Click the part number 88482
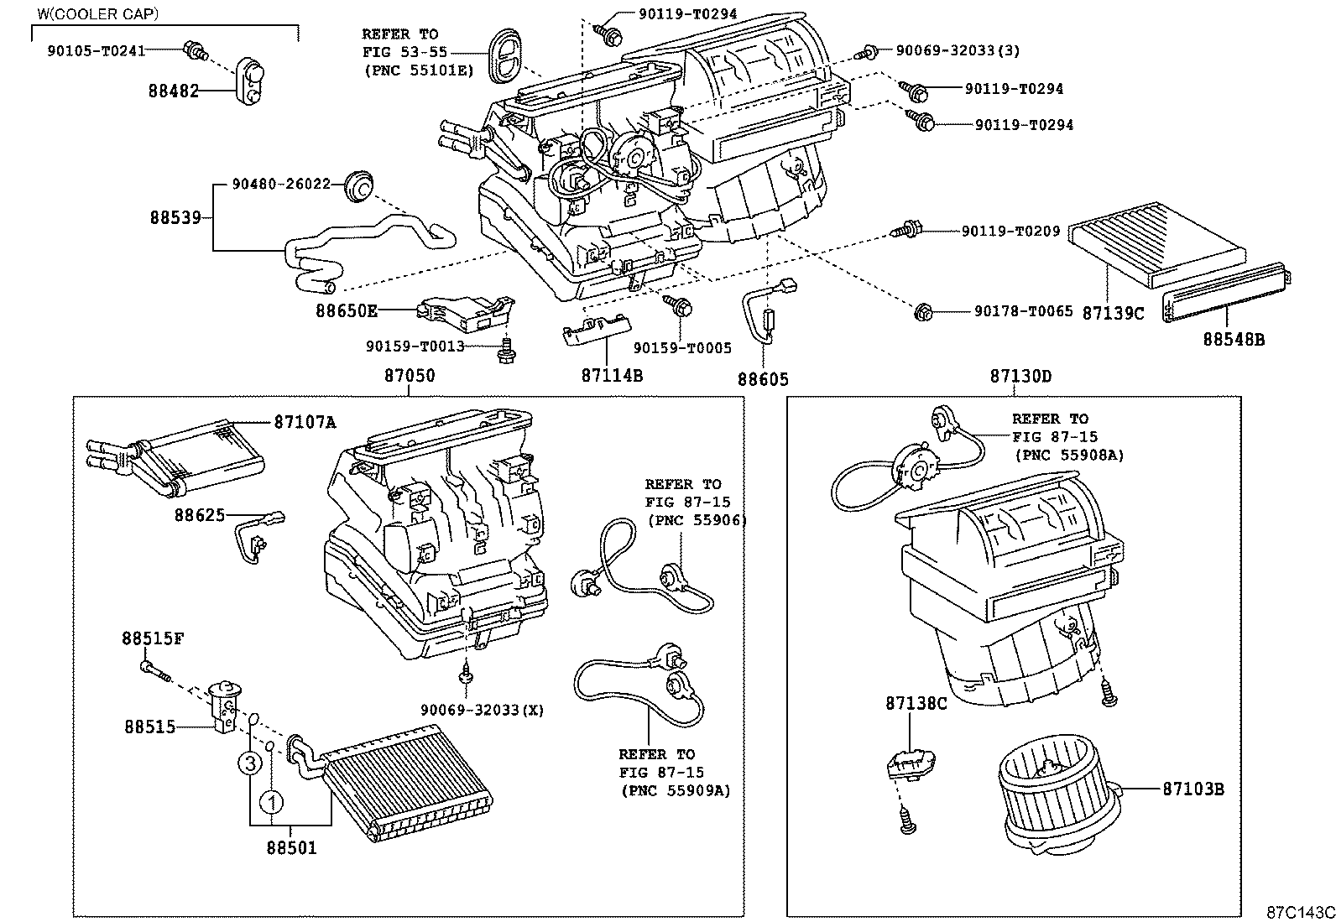(174, 91)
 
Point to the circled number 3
(249, 763)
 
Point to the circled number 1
(271, 803)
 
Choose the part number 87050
(410, 376)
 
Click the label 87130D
(1020, 376)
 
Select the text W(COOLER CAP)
(97, 14)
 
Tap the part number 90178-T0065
(1023, 311)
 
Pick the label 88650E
(346, 310)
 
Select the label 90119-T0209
(1010, 231)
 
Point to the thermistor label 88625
(200, 514)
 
